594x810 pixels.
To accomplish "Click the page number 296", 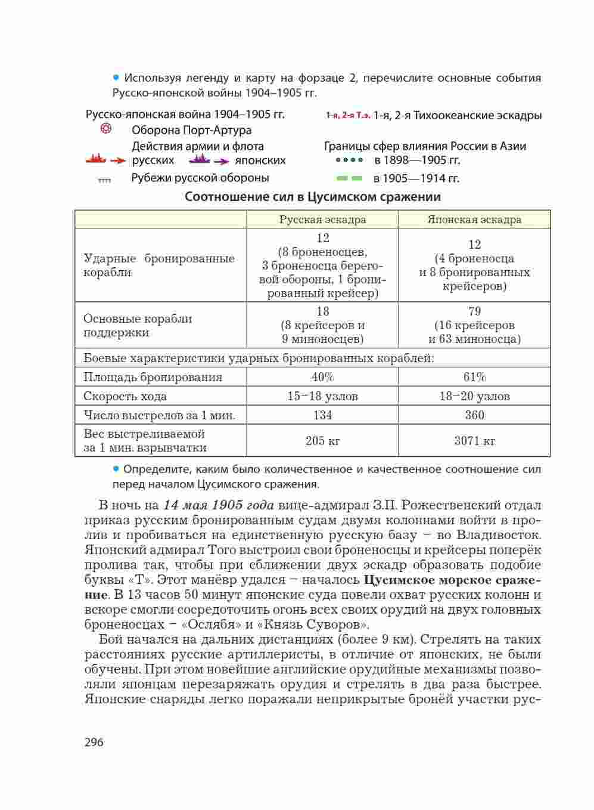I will (94, 742).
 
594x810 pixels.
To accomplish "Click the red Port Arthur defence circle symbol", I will (105, 129).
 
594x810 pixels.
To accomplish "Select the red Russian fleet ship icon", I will (96, 160).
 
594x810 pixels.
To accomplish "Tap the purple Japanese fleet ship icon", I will (199, 160).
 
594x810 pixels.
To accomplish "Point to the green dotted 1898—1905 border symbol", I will (349, 160).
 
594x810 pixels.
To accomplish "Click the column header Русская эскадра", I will (322, 219).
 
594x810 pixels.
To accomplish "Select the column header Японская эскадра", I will (474, 219).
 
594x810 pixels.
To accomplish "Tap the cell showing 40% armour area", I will (322, 377).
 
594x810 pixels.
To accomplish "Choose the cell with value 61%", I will (474, 377).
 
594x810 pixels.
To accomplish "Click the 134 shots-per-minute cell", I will (322, 415).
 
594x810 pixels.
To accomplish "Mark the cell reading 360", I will (474, 415).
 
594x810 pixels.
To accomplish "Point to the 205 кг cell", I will (322, 441).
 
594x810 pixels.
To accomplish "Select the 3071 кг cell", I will (474, 441).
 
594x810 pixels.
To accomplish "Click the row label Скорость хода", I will (125, 396).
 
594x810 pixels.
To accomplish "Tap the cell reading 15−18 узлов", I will (322, 396).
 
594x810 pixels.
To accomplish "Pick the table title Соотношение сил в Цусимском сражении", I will (312, 197).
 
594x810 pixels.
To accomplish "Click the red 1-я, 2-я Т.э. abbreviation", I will (348, 116).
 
